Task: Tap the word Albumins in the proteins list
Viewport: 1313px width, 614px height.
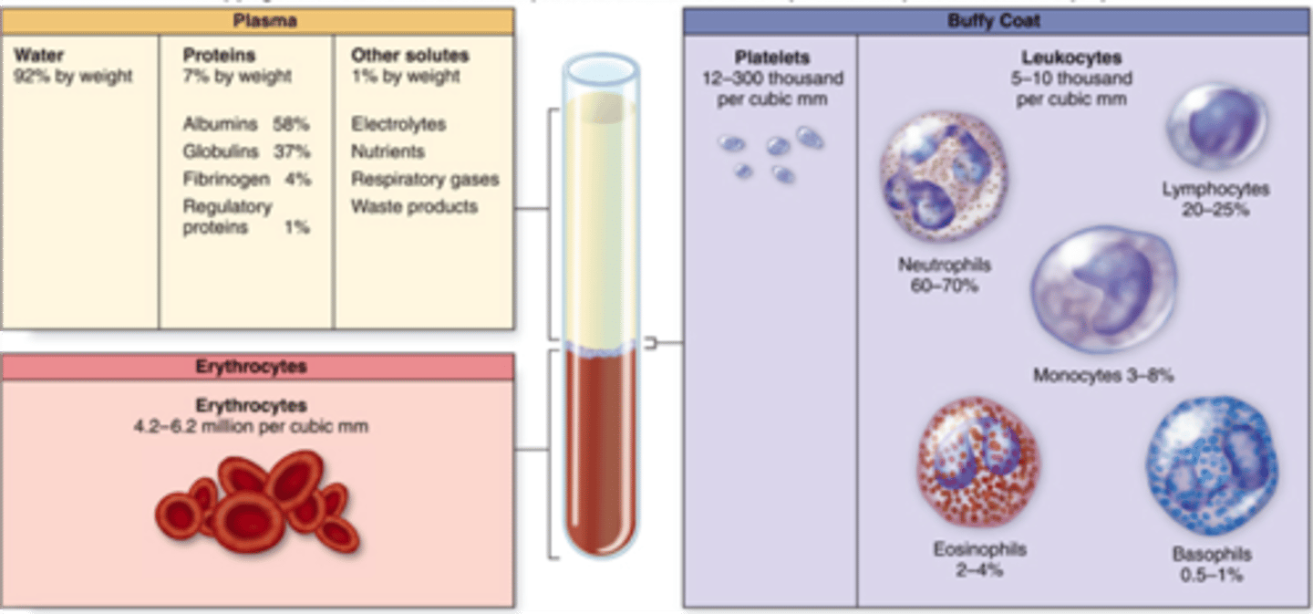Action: [220, 124]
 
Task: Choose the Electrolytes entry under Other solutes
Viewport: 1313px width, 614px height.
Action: [398, 124]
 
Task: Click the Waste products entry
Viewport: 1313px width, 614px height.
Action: [414, 206]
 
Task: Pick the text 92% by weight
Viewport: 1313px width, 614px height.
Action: [73, 77]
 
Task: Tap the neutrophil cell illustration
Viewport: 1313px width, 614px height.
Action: [943, 176]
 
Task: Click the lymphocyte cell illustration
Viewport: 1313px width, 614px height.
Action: [1217, 125]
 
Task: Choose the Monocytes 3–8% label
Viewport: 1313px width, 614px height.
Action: [1103, 375]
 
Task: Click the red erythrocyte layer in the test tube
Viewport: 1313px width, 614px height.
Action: [599, 447]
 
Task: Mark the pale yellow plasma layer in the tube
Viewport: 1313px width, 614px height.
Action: [599, 219]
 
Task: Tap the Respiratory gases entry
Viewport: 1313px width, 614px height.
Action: [425, 179]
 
